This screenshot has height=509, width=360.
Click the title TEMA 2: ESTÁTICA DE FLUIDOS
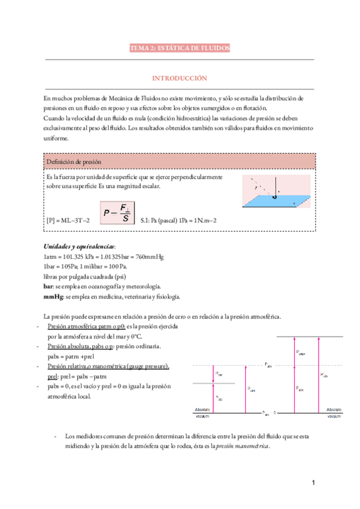(179, 48)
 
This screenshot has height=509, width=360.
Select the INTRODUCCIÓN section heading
(179, 79)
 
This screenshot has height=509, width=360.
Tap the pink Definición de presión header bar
(180, 162)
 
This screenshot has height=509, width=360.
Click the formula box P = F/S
(117, 212)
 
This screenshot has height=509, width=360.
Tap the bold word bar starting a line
(50, 288)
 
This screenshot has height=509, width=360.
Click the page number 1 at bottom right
(313, 483)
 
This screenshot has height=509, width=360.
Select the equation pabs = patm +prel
(77, 357)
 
